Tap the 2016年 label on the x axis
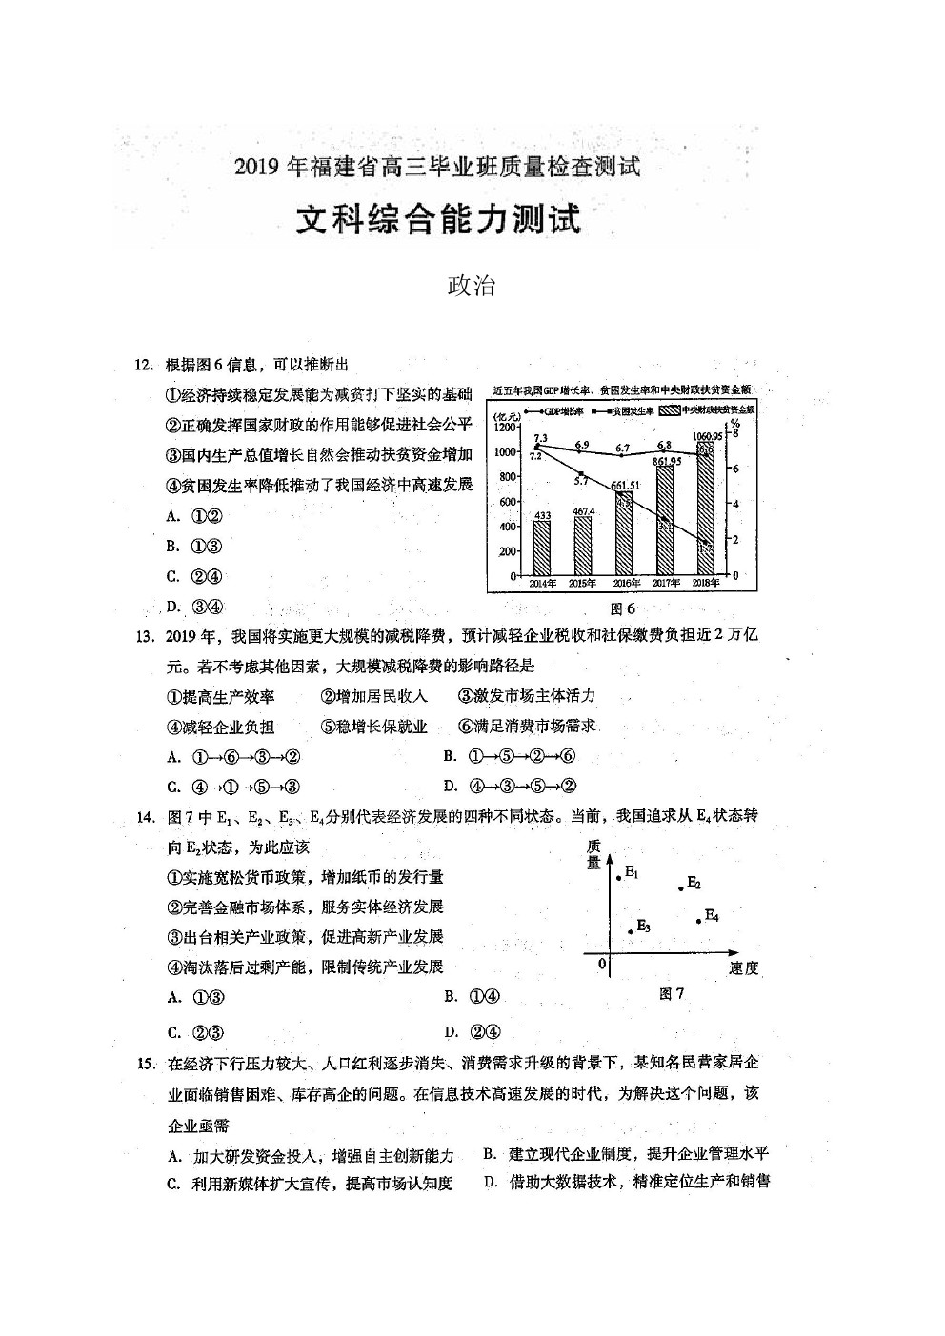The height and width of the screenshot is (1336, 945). pyautogui.click(x=624, y=584)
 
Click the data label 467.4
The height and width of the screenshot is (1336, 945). pyautogui.click(x=582, y=511)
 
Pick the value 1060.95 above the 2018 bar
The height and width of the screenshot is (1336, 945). pyautogui.click(x=704, y=435)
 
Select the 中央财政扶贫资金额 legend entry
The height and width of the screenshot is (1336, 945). pyautogui.click(x=706, y=410)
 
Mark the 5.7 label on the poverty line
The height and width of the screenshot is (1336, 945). pyautogui.click(x=581, y=480)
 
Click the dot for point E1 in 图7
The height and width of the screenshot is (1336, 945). pyautogui.click(x=619, y=878)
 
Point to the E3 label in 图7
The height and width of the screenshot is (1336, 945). pyautogui.click(x=643, y=926)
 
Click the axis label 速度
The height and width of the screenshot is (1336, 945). pyautogui.click(x=743, y=968)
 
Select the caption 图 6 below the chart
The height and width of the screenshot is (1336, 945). pyautogui.click(x=622, y=608)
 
